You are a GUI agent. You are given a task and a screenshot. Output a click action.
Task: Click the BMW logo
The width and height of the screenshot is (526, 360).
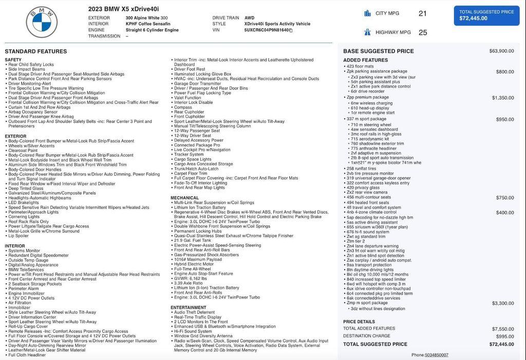(42, 22)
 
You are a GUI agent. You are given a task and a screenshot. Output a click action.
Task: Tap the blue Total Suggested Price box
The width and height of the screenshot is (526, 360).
(486, 15)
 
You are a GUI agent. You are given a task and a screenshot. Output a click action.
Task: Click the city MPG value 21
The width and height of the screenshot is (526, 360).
(422, 13)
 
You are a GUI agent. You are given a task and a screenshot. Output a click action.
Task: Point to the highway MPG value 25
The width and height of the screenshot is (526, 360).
(422, 32)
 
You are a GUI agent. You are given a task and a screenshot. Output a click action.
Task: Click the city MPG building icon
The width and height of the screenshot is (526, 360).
(367, 13)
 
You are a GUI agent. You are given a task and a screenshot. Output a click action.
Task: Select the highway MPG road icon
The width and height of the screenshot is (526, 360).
(367, 32)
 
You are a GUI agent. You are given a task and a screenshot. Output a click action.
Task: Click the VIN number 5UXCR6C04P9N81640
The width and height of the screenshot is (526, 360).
(266, 30)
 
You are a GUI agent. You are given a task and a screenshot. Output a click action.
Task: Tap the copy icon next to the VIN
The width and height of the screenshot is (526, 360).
(291, 30)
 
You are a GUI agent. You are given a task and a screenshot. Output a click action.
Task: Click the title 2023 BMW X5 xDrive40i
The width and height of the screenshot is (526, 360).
(123, 9)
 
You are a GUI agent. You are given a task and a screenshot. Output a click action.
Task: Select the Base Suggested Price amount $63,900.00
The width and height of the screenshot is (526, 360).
(501, 51)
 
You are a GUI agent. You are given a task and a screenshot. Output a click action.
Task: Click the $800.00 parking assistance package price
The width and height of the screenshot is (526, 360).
(504, 72)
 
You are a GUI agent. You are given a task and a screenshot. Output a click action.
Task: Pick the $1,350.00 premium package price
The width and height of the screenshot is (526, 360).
(502, 98)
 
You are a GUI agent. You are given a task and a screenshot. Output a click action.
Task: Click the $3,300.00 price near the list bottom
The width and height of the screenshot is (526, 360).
(502, 304)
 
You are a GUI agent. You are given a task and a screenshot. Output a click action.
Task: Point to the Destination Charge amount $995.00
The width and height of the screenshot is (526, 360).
(504, 336)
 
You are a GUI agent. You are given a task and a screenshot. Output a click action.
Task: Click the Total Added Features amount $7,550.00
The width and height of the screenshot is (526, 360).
(502, 329)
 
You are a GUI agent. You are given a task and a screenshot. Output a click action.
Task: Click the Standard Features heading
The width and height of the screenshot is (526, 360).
(36, 51)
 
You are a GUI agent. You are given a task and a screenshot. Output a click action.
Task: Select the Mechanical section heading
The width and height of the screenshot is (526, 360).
(184, 198)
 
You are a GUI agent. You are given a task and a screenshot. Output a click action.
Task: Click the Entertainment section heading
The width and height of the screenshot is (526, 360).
(189, 307)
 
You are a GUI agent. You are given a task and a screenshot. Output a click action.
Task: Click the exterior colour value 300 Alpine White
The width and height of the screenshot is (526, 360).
(146, 18)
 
